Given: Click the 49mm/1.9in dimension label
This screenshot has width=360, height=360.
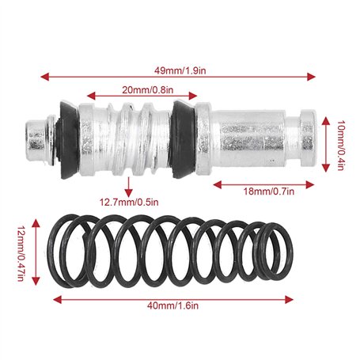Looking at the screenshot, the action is pyautogui.click(x=180, y=70).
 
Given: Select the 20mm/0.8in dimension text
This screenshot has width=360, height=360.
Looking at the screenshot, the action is pyautogui.click(x=147, y=90).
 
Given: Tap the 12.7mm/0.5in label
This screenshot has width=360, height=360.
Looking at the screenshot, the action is pyautogui.click(x=129, y=203).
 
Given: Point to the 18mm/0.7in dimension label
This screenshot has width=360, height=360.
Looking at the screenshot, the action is pyautogui.click(x=268, y=191).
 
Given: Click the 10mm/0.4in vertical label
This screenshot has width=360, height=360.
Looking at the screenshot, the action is pyautogui.click(x=341, y=146).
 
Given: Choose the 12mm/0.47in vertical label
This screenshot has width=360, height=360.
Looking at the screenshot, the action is pyautogui.click(x=21, y=254).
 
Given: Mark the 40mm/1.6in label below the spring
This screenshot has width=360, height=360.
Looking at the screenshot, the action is pyautogui.click(x=172, y=306).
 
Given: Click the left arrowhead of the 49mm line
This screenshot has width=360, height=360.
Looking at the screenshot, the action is pyautogui.click(x=44, y=77).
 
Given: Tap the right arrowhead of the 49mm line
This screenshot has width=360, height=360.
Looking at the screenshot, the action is pyautogui.click(x=311, y=77).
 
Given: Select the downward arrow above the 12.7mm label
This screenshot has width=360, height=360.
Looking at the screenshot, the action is pyautogui.click(x=129, y=187).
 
